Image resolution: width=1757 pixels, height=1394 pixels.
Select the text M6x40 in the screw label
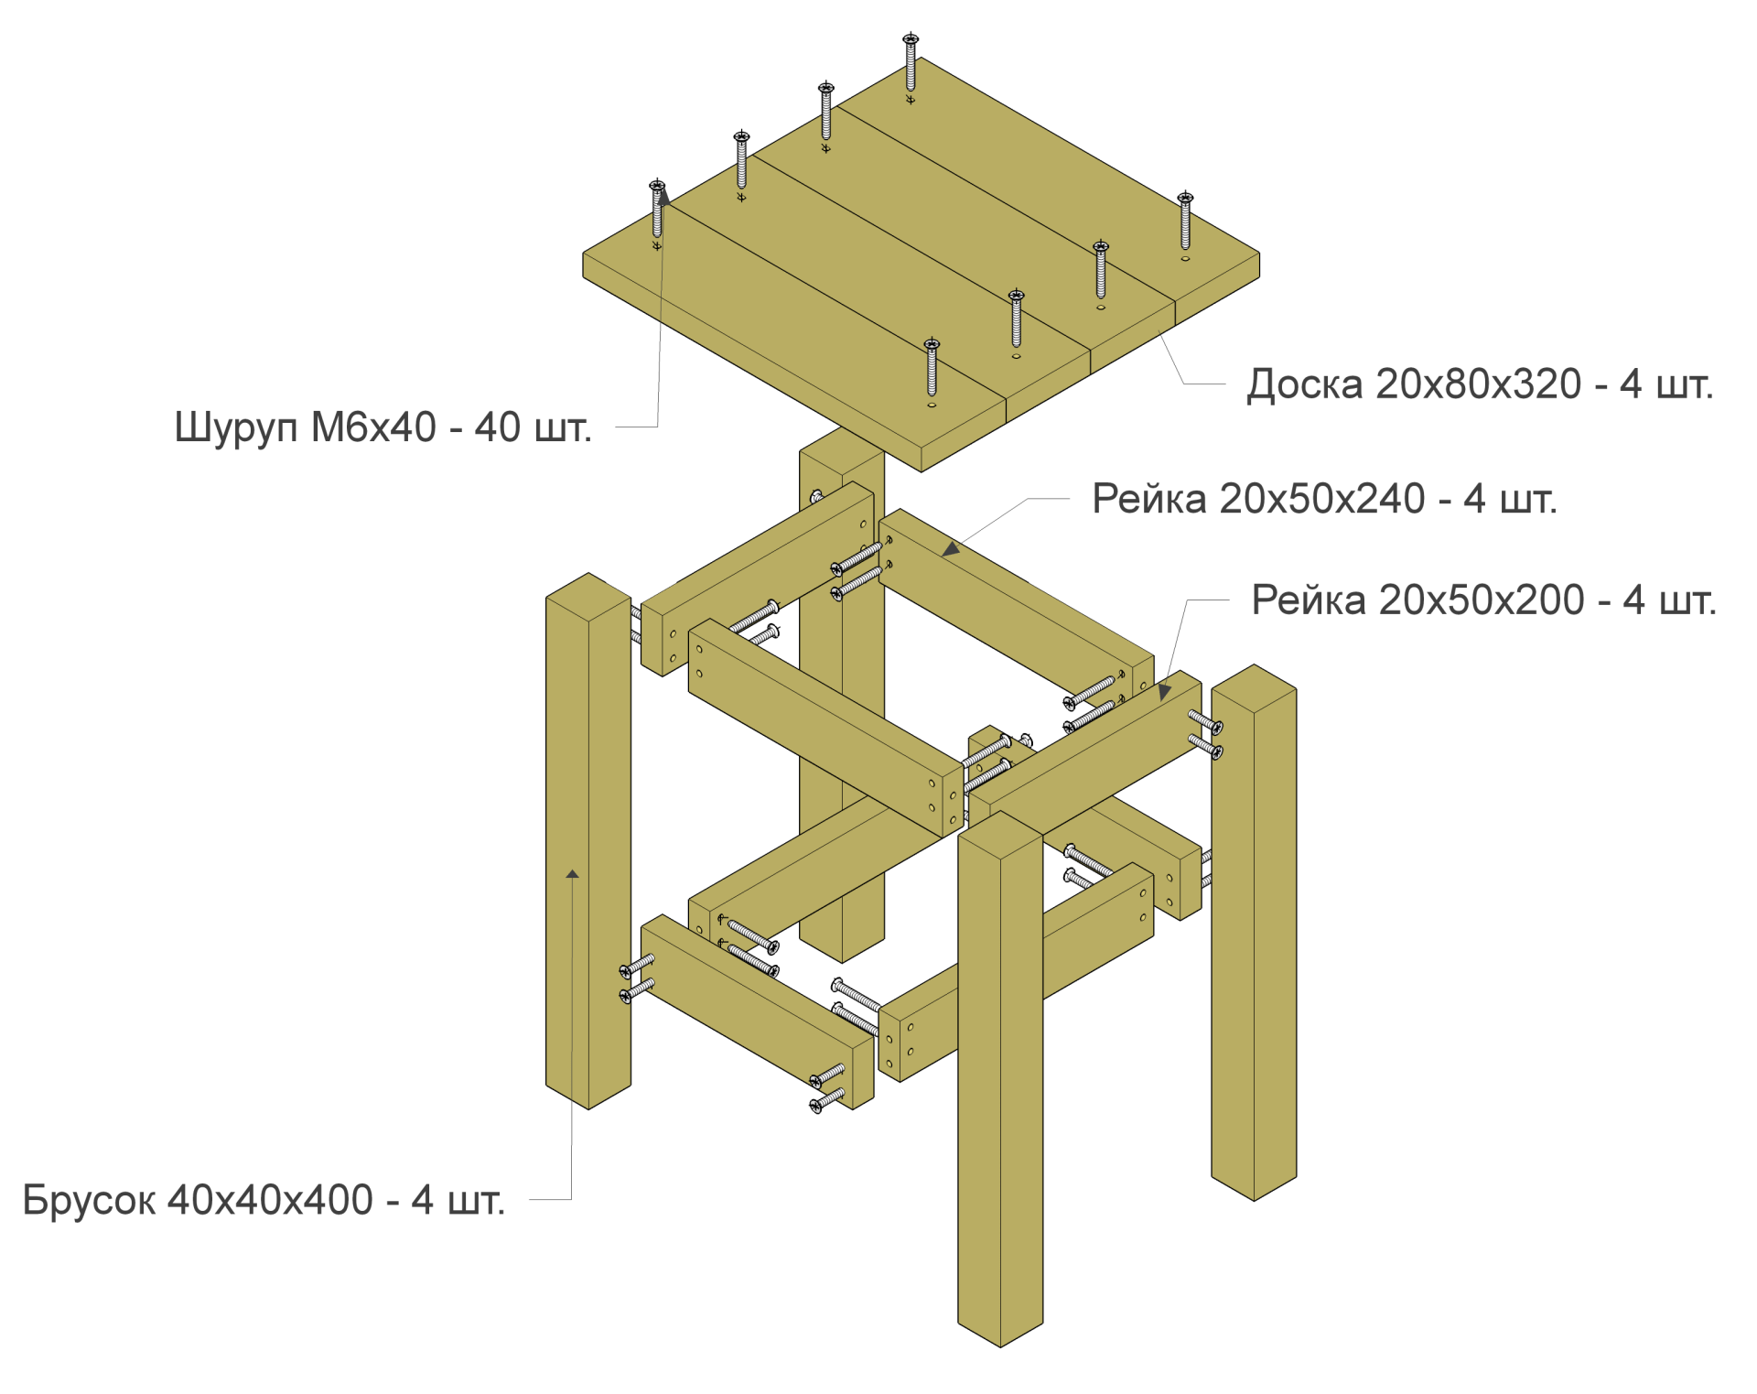coord(373,427)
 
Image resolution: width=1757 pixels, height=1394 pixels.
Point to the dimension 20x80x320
coord(1478,384)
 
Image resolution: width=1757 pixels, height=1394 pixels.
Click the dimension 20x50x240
coord(1322,499)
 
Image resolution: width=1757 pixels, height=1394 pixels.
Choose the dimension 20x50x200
coord(1482,600)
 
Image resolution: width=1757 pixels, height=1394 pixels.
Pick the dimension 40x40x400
coord(271,1200)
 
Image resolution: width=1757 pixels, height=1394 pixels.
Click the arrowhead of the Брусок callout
coord(572,874)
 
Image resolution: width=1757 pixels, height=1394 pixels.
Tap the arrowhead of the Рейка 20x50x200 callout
coord(1164,691)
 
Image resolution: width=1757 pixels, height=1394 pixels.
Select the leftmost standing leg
coord(588,841)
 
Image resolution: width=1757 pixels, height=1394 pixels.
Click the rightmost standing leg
coord(1254,932)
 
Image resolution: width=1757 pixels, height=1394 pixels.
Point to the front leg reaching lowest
coord(1000,1078)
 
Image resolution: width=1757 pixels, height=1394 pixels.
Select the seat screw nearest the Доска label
coord(1185,221)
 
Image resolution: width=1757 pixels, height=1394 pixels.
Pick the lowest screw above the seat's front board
coord(932,367)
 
